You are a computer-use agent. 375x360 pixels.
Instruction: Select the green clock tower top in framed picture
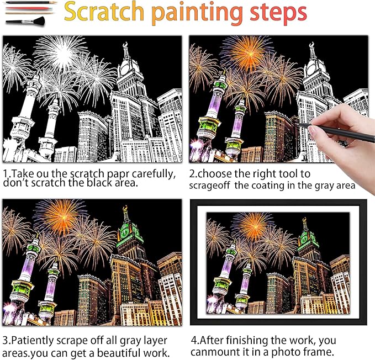304,236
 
